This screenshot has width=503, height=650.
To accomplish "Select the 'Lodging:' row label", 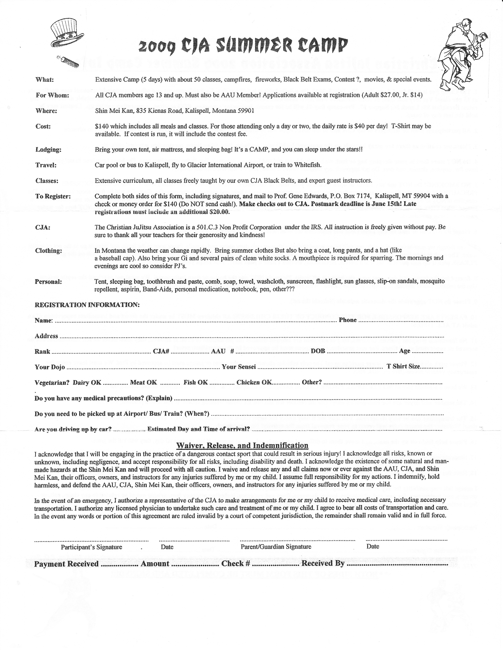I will [x=48, y=150].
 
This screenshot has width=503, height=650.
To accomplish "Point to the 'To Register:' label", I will [x=53, y=196].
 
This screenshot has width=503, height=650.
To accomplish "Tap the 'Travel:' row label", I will [x=46, y=165].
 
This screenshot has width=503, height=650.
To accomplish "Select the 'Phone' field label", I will [x=348, y=320].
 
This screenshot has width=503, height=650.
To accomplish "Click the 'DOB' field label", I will [x=318, y=351].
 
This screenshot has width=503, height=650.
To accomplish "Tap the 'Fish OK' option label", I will [x=196, y=382].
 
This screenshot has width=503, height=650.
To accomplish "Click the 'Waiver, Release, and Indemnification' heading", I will [x=242, y=446].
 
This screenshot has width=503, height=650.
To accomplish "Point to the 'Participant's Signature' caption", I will [x=91, y=547].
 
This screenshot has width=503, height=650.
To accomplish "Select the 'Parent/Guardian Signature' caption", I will [x=276, y=547].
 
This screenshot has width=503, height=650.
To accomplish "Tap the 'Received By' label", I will [x=323, y=563].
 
